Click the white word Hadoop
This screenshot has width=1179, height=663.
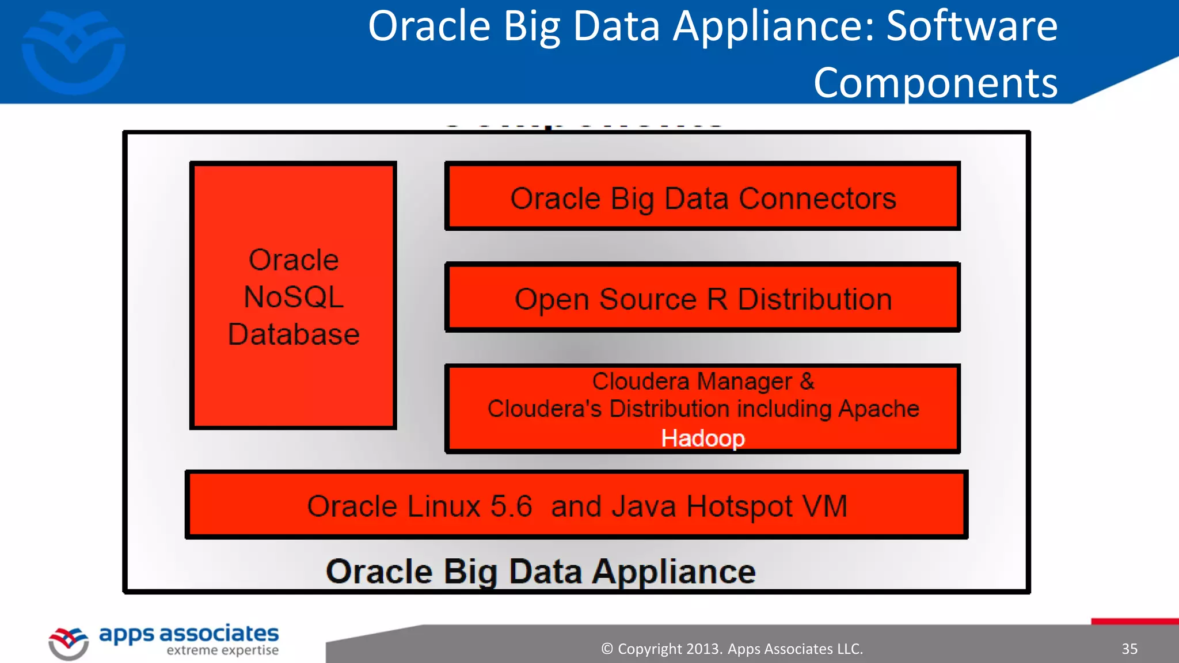coord(703,439)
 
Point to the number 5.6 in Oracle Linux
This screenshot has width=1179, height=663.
coord(511,506)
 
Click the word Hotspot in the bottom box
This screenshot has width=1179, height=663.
coord(740,506)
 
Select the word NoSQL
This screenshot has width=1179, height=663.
coord(294,298)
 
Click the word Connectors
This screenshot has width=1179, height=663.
coord(817,199)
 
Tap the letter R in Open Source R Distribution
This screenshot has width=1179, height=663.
coord(717,299)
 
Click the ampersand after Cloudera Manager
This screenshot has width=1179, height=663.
coord(807,381)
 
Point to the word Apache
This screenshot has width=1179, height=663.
coord(878,409)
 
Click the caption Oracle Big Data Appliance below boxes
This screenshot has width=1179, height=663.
coord(541,571)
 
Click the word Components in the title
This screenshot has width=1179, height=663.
coord(935,82)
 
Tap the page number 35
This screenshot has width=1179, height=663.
coord(1129,649)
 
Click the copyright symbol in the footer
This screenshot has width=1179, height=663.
coord(607,649)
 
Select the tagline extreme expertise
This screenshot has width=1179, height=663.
coord(222,650)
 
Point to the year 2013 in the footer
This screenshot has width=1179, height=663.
coord(703,649)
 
